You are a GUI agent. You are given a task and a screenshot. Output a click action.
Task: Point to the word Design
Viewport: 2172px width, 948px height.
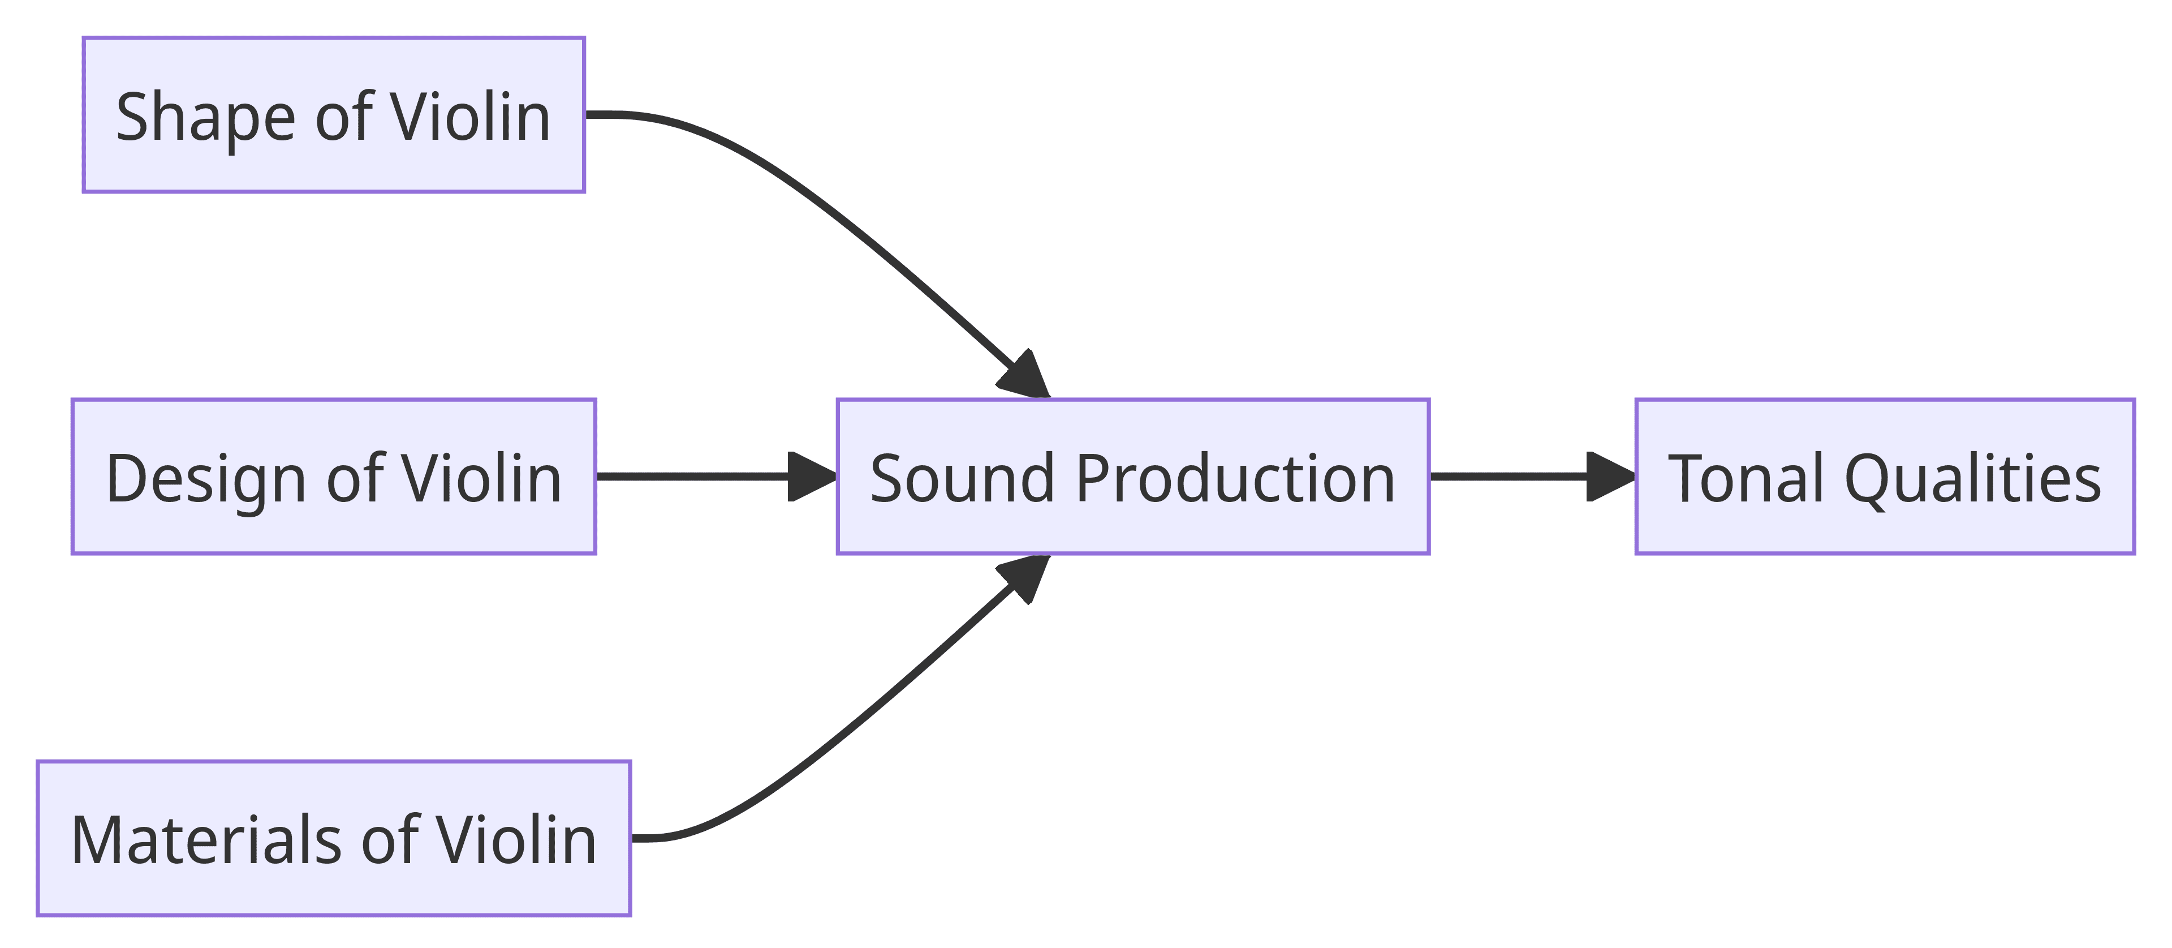pos(205,478)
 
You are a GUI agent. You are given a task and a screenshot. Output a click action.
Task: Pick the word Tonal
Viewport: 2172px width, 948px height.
pos(1746,478)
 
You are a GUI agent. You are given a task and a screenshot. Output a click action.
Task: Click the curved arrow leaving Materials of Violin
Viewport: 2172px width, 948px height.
pos(843,733)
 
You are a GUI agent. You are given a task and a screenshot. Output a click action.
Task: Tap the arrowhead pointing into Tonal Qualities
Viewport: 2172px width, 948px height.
pos(1610,477)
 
